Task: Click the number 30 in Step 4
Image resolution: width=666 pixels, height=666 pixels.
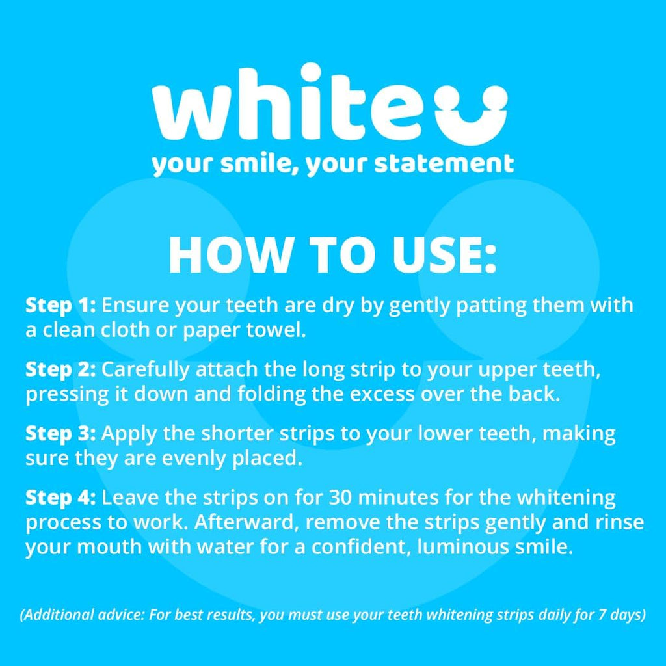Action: pos(343,498)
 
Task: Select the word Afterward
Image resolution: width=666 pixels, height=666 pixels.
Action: pos(231,523)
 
